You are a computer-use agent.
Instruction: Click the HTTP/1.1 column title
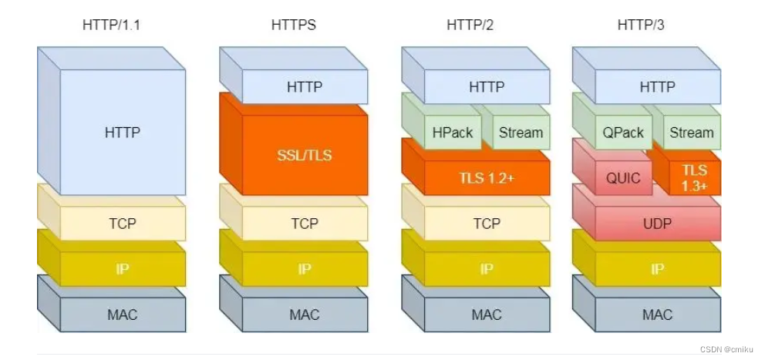(111, 25)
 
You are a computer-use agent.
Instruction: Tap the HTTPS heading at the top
(293, 25)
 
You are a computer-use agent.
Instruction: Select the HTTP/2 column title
(469, 25)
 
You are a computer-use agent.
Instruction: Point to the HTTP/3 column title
(640, 25)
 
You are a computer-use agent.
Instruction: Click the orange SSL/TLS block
(305, 155)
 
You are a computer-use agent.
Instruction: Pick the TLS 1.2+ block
(487, 178)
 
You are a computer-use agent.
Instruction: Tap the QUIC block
(623, 178)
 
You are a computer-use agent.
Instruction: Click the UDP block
(658, 224)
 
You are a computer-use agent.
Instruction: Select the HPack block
(453, 133)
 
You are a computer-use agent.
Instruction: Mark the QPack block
(623, 133)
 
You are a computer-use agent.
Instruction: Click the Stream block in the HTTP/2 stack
(521, 133)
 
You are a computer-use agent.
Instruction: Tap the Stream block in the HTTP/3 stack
(691, 133)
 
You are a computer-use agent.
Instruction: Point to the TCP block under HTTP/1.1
(123, 224)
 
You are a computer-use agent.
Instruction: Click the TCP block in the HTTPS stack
(305, 224)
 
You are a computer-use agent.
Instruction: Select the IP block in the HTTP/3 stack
(658, 269)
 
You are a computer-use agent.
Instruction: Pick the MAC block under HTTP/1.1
(123, 315)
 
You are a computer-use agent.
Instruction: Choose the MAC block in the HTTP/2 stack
(487, 315)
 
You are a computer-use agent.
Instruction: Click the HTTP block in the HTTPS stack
(305, 87)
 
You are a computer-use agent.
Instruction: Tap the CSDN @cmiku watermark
(728, 349)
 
